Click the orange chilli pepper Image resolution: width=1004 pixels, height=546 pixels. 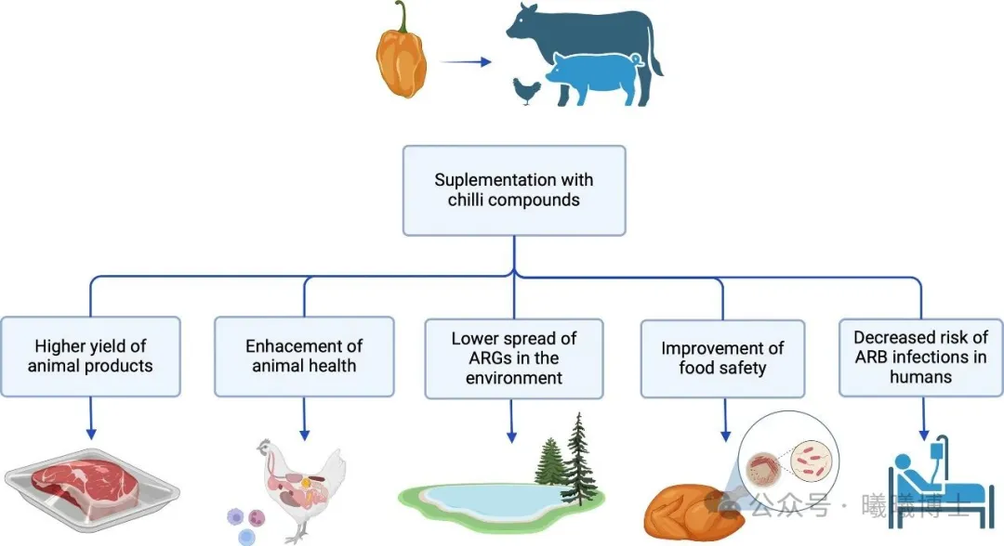(x=401, y=58)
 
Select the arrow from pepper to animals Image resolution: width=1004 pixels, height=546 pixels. (x=466, y=62)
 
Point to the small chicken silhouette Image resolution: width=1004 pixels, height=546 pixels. (x=526, y=91)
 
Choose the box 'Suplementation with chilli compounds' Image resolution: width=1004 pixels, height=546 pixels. (x=514, y=190)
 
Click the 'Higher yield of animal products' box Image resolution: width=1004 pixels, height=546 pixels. (x=90, y=357)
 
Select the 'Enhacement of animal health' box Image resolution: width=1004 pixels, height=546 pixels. (x=304, y=357)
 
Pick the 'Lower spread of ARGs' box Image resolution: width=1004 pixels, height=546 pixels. (x=514, y=358)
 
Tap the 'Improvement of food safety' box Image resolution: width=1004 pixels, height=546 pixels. (x=723, y=358)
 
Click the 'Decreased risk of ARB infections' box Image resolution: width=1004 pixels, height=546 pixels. (x=921, y=357)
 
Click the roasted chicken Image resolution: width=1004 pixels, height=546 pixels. (x=694, y=513)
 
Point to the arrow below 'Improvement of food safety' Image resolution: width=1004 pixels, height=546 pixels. (x=725, y=420)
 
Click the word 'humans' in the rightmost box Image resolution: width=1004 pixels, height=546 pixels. (x=920, y=377)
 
